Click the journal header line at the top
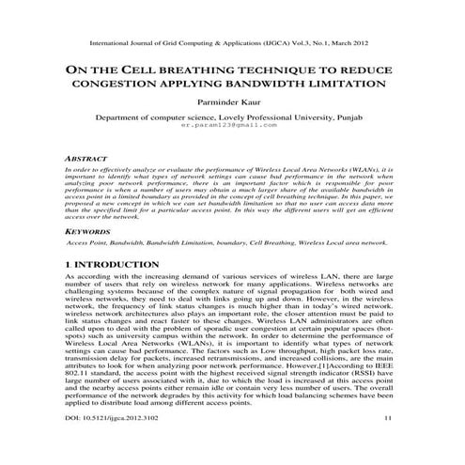(x=232, y=43)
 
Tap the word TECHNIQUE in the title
(x=287, y=70)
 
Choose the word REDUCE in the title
(x=377, y=70)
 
